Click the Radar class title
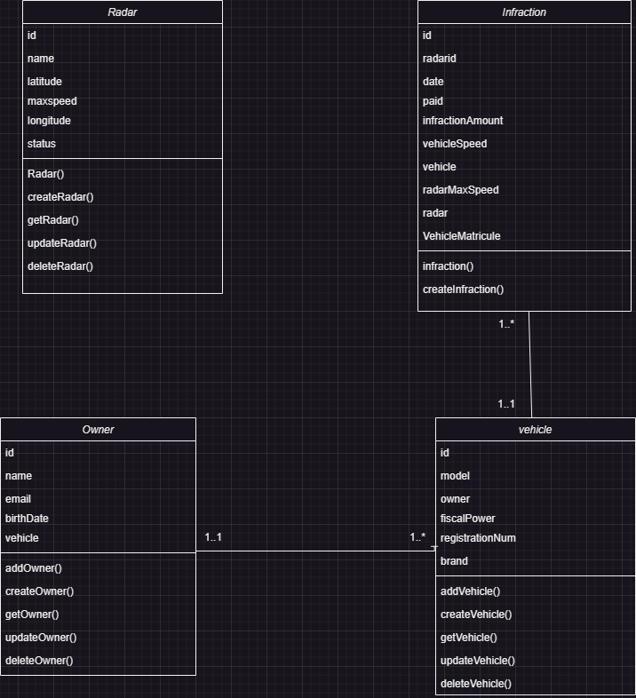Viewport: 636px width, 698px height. point(122,12)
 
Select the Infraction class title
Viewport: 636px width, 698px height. point(524,12)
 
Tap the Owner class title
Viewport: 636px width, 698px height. point(98,430)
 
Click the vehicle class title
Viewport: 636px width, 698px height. point(535,430)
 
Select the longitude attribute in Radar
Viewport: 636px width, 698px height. point(49,121)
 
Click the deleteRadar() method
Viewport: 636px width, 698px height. point(60,266)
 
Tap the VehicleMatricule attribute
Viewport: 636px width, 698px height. point(461,236)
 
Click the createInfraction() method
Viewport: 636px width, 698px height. point(463,290)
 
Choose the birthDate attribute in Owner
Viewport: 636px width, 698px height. point(27,519)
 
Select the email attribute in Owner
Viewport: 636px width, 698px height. point(18,499)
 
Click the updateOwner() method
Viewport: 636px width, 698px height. point(41,638)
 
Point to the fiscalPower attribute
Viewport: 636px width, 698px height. point(467,519)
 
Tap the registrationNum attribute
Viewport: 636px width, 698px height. point(478,538)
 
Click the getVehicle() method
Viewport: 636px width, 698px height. point(468,638)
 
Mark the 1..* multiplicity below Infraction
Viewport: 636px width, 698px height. point(506,324)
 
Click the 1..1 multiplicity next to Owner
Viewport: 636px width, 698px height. point(213,537)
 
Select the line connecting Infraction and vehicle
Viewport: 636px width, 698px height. point(530,364)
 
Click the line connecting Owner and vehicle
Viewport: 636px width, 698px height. point(315,551)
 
